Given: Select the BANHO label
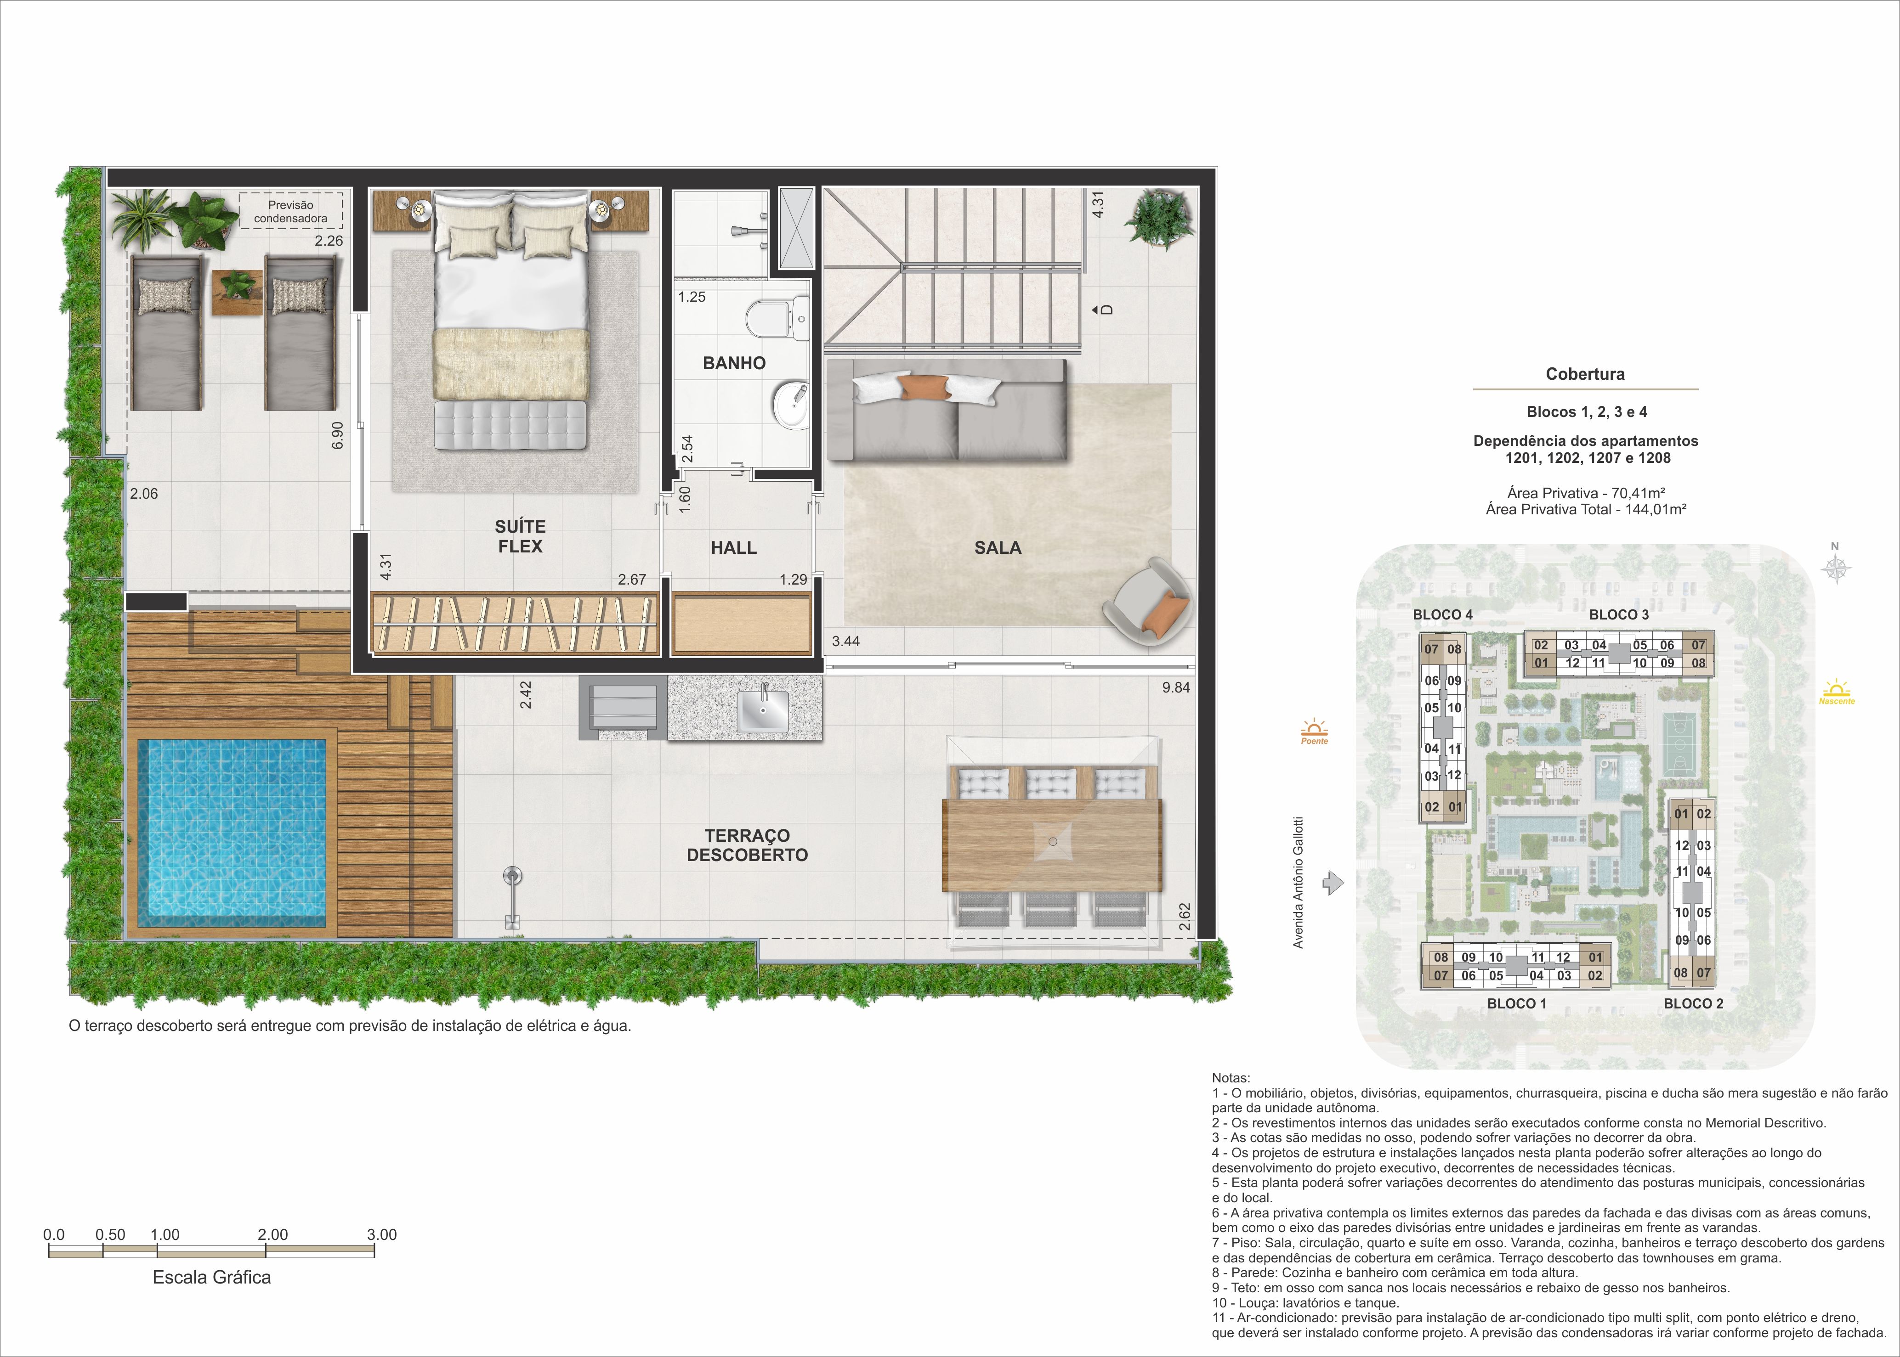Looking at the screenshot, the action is click(x=734, y=363).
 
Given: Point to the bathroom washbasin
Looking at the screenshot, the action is click(x=791, y=405).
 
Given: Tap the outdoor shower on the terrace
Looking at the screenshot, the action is click(x=511, y=896).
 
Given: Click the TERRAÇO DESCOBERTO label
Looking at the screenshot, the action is click(x=747, y=845).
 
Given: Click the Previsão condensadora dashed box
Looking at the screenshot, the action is click(x=291, y=211).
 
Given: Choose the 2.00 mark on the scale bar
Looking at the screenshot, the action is click(x=272, y=1235).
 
